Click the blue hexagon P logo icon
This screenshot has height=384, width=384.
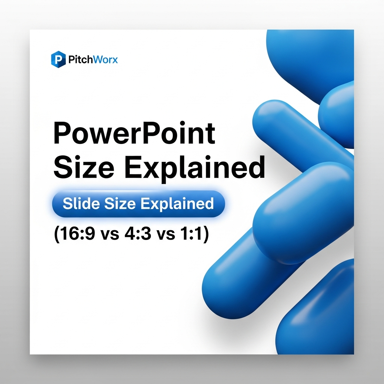click(58, 59)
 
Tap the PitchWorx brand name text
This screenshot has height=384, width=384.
click(93, 59)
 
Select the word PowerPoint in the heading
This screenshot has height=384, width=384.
click(134, 134)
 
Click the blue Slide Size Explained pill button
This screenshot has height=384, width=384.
click(138, 204)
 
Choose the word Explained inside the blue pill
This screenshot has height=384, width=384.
click(177, 204)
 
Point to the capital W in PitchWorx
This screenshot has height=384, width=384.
click(97, 59)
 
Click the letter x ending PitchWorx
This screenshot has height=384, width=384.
click(114, 60)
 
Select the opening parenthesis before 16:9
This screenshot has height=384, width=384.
click(57, 236)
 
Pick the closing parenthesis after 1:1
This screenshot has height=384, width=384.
click(205, 236)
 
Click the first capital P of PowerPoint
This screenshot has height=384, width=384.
click(62, 133)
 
